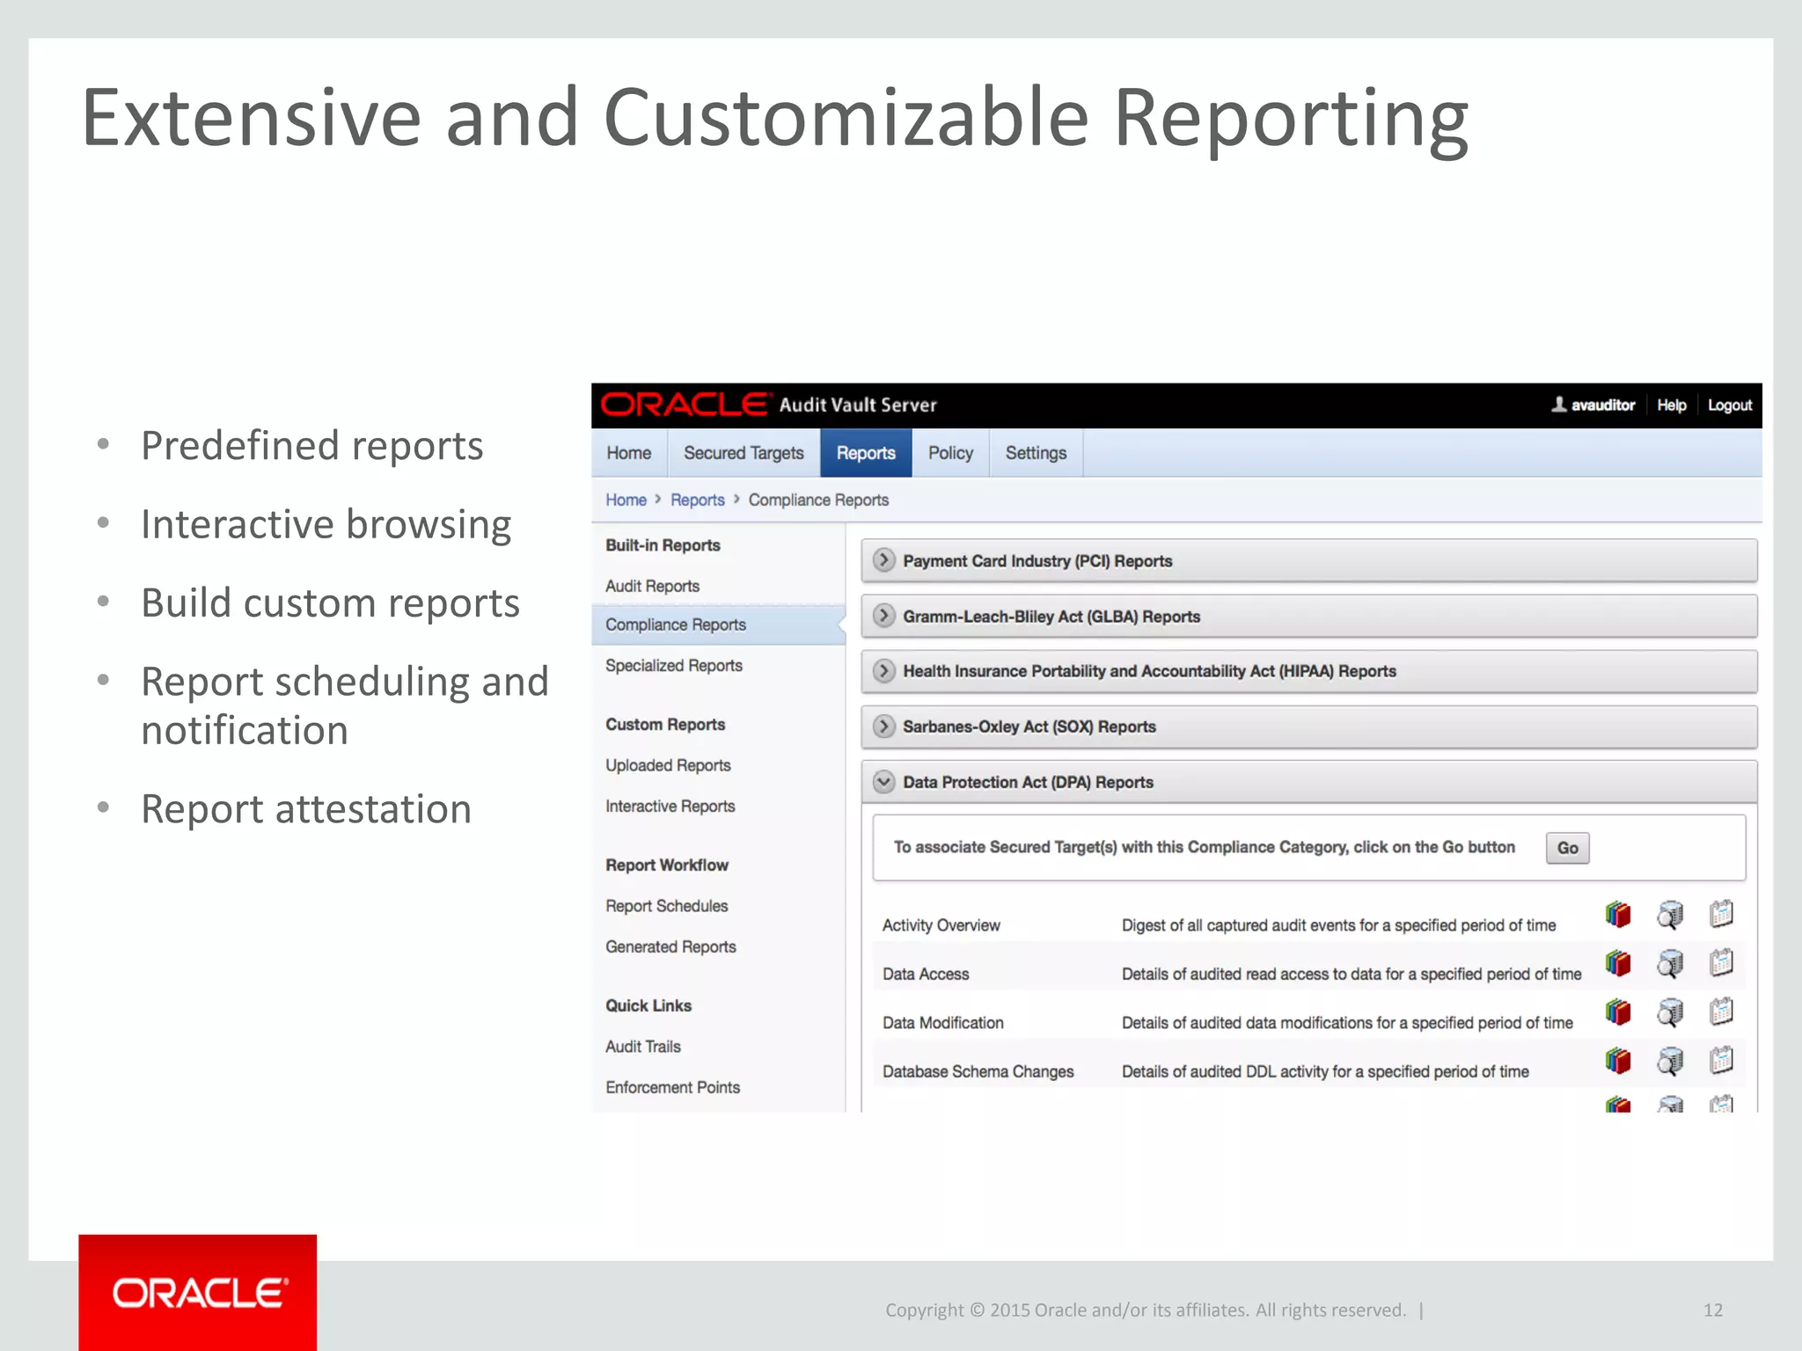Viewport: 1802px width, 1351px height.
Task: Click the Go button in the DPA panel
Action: (1567, 848)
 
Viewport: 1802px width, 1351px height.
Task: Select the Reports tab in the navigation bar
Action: (866, 453)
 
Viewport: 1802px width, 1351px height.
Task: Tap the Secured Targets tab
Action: (744, 453)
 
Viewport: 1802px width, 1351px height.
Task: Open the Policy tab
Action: (950, 453)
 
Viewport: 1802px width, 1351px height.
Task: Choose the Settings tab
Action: (1036, 453)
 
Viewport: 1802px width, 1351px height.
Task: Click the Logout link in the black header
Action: (1729, 405)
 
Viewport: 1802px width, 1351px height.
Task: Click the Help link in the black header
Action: (1671, 405)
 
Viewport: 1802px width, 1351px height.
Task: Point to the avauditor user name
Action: (1602, 405)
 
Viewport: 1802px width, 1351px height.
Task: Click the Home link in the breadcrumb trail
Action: (626, 500)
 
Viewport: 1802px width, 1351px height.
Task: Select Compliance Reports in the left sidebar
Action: (676, 624)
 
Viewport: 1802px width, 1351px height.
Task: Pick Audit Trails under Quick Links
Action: (643, 1047)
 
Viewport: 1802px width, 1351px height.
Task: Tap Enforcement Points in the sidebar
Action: (672, 1087)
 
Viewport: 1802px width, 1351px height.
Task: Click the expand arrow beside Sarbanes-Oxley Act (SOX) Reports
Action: (883, 727)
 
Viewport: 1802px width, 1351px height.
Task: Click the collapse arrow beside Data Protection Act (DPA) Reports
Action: (883, 782)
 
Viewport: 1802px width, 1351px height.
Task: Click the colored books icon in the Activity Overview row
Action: (1617, 915)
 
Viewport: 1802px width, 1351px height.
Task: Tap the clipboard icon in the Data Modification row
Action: (1721, 1012)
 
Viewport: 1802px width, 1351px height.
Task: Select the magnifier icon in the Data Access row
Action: (1670, 964)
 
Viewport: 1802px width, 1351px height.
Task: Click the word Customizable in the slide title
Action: (846, 119)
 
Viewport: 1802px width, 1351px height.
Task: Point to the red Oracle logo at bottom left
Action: (198, 1292)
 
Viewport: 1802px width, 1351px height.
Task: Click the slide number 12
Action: (1712, 1310)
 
